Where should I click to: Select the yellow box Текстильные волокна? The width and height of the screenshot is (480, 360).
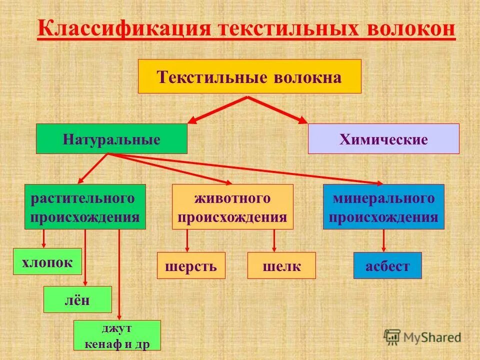point(249,76)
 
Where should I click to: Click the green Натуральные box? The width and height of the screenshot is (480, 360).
point(111,139)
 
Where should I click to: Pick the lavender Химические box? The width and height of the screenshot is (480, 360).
point(383,139)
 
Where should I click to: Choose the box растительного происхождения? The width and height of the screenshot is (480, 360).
point(85,207)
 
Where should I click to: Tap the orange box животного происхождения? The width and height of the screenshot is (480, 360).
point(232,207)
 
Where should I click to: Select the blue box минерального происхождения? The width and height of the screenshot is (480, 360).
point(383,207)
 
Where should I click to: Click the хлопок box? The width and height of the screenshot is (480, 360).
point(47,261)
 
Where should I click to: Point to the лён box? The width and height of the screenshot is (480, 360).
point(77,299)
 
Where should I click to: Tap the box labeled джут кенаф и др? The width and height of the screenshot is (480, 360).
point(117,335)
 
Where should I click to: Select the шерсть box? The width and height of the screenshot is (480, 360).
point(191,265)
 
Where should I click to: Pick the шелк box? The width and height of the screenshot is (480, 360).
point(281,265)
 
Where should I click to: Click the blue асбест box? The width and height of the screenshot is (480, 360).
point(387,265)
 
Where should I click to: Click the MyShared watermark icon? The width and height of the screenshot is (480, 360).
point(392,336)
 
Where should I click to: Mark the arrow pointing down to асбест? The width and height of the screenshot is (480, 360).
point(384,240)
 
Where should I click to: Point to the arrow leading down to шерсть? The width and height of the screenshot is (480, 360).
point(187,240)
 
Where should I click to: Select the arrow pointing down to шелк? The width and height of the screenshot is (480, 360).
point(274,240)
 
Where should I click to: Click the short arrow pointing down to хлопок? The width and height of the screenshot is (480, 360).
point(44,238)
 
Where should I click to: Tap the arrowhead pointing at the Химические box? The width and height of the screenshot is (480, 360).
point(302,120)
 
